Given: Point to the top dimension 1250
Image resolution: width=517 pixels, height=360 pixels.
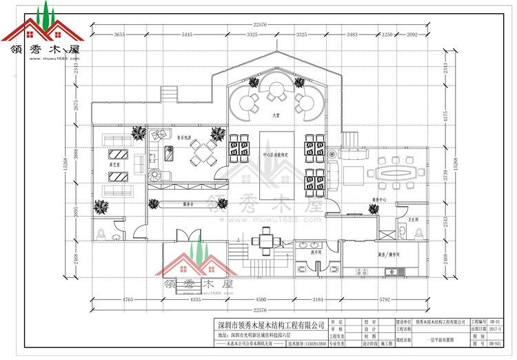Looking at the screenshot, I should point(387,34).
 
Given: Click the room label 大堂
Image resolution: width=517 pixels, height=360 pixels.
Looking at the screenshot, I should point(276,116).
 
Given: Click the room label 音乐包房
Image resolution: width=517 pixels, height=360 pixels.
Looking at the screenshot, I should point(182,136).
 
